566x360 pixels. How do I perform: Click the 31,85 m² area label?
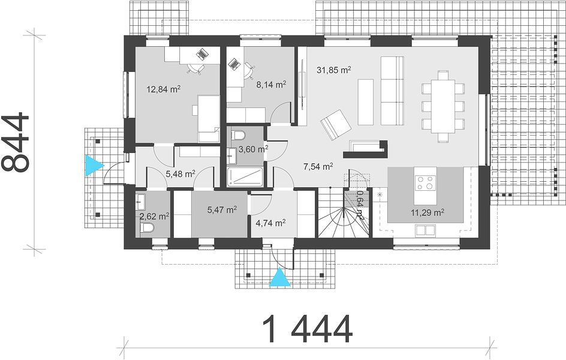click(x=333, y=70)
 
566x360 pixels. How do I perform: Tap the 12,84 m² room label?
click(x=164, y=89)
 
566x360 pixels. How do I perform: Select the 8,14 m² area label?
click(x=271, y=85)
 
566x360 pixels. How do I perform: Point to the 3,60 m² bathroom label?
click(x=253, y=149)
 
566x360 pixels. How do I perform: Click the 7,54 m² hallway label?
click(x=318, y=166)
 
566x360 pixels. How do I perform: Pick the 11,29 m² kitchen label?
click(x=427, y=212)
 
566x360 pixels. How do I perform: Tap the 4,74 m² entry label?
click(x=270, y=223)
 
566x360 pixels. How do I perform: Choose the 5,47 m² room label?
click(x=222, y=209)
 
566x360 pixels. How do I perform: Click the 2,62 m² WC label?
click(x=154, y=217)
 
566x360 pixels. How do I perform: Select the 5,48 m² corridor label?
click(x=180, y=174)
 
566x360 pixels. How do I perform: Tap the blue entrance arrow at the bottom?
click(x=281, y=278)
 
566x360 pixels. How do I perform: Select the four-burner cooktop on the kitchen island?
click(x=425, y=182)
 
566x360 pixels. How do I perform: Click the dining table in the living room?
click(x=443, y=106)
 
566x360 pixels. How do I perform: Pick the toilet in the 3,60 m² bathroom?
click(x=238, y=136)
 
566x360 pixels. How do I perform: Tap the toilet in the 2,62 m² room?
click(x=147, y=228)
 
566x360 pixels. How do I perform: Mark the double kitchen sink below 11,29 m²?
click(x=425, y=230)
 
